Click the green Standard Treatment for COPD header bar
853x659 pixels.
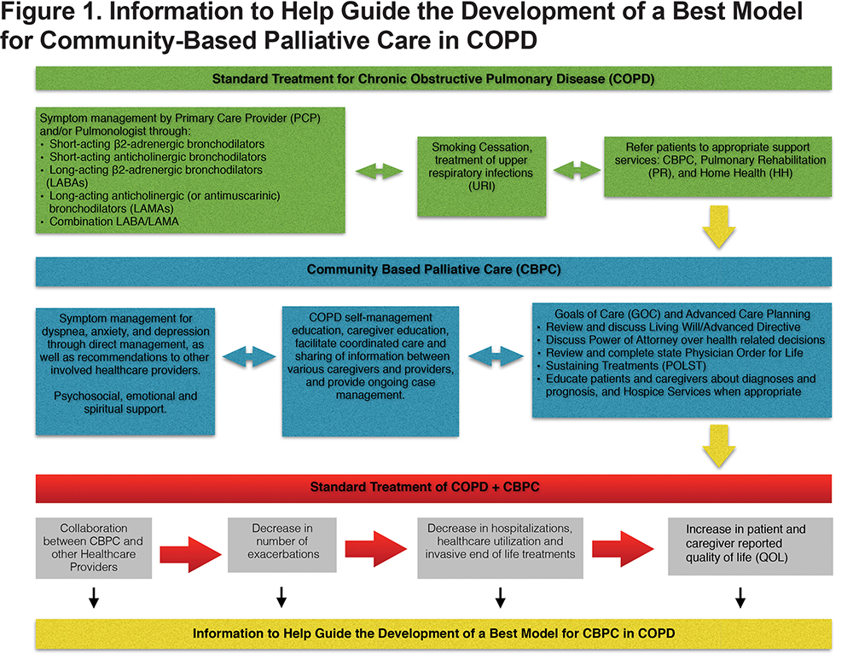click(x=433, y=78)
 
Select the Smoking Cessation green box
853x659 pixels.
click(x=481, y=176)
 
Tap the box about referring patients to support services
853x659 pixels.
click(x=718, y=166)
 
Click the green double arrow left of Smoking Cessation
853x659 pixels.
click(x=380, y=172)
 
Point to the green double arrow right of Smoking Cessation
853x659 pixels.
click(x=577, y=171)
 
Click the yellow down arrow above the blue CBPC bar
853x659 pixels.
click(x=718, y=227)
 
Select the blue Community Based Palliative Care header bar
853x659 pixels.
click(x=433, y=271)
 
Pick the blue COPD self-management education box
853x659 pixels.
click(x=370, y=372)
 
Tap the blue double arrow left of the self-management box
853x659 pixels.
click(x=249, y=356)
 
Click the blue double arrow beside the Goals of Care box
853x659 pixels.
click(x=496, y=356)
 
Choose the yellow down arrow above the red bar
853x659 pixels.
click(x=718, y=446)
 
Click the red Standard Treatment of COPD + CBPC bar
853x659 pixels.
click(x=433, y=488)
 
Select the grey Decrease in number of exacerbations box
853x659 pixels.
click(x=282, y=544)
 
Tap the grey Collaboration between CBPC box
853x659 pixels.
click(x=94, y=547)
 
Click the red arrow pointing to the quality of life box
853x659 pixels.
click(x=623, y=549)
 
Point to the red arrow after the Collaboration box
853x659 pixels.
click(x=191, y=554)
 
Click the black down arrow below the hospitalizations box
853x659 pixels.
click(x=501, y=597)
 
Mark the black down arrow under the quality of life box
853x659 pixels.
click(x=740, y=597)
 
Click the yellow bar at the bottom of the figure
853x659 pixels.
click(x=433, y=634)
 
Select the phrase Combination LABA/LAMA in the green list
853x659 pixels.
click(x=114, y=222)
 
